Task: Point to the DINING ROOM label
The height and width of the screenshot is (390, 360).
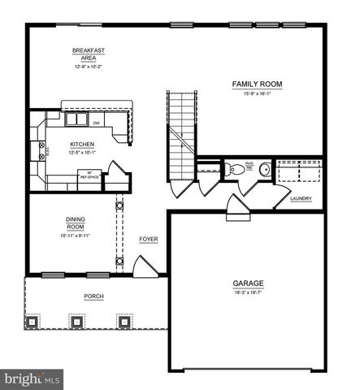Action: click(76, 222)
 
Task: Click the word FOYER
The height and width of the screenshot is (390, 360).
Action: click(148, 239)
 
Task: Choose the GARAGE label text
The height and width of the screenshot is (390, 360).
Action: click(249, 284)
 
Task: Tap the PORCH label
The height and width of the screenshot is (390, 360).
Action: click(94, 296)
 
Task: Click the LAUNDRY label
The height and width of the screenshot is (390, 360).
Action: click(302, 197)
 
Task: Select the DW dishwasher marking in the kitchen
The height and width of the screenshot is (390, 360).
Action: click(97, 123)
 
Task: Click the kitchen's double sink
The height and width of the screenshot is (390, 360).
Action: click(76, 120)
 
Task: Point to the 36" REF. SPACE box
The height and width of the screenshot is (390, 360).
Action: click(85, 175)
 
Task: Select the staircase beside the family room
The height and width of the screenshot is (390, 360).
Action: click(180, 134)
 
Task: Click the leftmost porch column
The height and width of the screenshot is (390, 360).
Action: click(33, 322)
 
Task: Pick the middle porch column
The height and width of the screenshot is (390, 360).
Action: click(78, 322)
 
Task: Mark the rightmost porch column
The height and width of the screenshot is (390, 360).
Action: click(124, 322)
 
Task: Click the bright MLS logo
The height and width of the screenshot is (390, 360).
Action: click(32, 379)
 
